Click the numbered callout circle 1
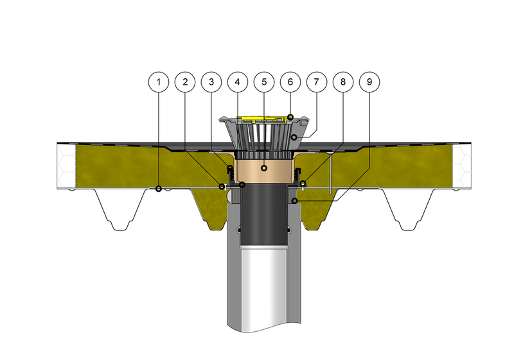(159, 82)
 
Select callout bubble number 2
(185, 82)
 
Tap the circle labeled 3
(211, 82)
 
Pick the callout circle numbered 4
(238, 82)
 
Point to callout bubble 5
(264, 82)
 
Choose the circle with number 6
(290, 82)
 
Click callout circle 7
(317, 82)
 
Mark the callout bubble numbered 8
(343, 82)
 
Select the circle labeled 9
(369, 82)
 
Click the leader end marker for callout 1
(159, 189)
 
